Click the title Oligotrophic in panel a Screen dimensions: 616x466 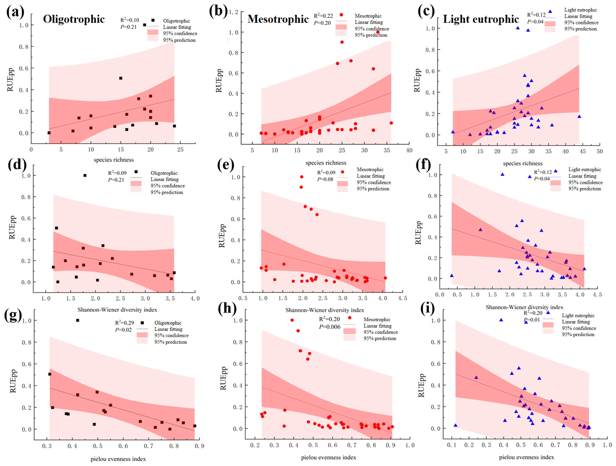74,19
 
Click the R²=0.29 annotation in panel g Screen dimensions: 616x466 125,323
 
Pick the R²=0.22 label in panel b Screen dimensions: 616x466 323,16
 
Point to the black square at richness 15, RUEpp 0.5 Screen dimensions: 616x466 121,78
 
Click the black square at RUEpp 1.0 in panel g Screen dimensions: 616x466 78,320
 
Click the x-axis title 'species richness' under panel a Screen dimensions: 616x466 114,160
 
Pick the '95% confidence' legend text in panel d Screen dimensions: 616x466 168,186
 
